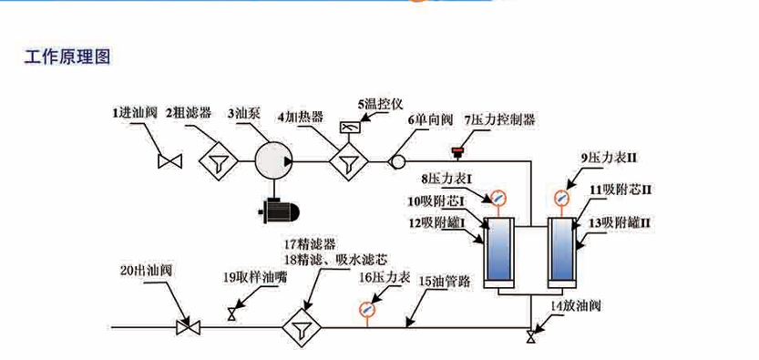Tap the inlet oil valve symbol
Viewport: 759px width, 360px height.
pos(169,162)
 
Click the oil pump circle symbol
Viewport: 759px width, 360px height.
pos(270,161)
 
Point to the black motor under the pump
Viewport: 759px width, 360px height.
pos(278,211)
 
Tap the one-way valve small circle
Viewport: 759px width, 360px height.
pos(398,161)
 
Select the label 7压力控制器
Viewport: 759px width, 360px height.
pos(499,119)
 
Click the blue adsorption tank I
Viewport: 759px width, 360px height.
pos(497,250)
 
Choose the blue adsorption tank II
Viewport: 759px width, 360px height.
pos(562,250)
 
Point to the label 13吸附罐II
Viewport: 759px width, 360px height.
pos(617,221)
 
